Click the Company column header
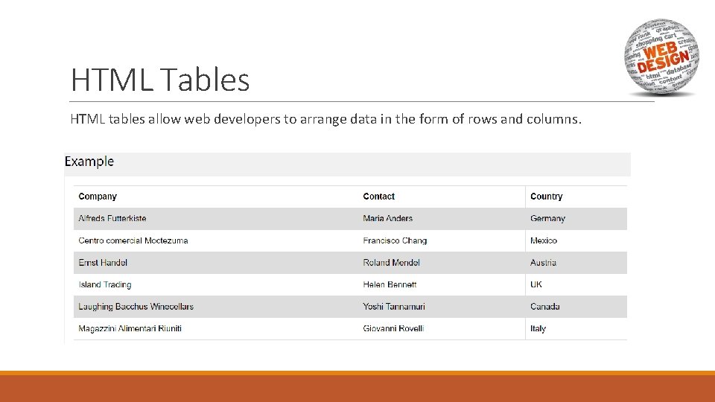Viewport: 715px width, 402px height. click(98, 197)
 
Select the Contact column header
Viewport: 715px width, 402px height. click(378, 197)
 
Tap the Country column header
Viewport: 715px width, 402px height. click(546, 197)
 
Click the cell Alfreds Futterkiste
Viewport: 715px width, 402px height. click(112, 219)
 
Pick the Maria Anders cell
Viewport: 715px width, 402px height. click(387, 219)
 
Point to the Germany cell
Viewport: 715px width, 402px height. click(547, 219)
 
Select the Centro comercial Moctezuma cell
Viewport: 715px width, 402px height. click(133, 240)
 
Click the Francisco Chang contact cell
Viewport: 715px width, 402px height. click(395, 240)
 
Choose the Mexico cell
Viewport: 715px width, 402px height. click(544, 240)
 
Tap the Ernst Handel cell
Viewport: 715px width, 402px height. click(103, 263)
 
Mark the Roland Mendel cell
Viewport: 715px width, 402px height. click(391, 263)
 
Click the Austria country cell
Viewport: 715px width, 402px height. click(543, 263)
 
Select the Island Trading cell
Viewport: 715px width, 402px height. click(105, 284)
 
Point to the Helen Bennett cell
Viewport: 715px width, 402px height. click(390, 284)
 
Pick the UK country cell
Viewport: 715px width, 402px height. click(536, 284)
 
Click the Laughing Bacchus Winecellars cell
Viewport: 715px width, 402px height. click(136, 307)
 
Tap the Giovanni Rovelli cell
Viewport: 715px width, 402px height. click(393, 328)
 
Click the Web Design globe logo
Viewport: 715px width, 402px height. click(661, 58)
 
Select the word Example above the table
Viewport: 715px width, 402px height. click(89, 162)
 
